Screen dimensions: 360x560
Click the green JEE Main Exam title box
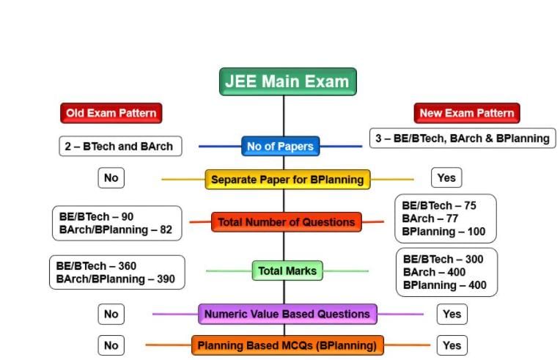pos(287,81)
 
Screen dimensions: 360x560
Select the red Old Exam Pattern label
pos(111,113)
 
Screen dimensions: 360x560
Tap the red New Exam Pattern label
pos(467,113)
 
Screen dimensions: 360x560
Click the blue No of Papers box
pos(280,146)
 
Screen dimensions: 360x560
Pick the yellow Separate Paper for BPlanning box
pos(287,179)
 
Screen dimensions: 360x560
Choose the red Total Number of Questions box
pos(286,221)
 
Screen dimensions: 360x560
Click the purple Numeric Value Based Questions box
pos(287,314)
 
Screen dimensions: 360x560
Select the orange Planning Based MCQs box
pos(287,345)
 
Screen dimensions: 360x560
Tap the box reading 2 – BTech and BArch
pos(120,146)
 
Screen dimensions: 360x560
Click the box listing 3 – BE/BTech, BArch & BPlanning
pos(462,138)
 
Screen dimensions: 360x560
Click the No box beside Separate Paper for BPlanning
pos(111,177)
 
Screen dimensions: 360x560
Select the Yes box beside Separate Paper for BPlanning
pos(446,177)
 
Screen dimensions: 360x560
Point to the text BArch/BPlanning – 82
pos(115,230)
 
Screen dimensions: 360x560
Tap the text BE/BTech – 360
pos(97,265)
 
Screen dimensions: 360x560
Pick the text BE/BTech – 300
pos(442,259)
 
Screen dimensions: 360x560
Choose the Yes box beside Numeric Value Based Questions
pos(452,314)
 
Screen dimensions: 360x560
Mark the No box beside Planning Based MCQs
pos(111,345)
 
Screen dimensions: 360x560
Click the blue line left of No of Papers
pos(219,146)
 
